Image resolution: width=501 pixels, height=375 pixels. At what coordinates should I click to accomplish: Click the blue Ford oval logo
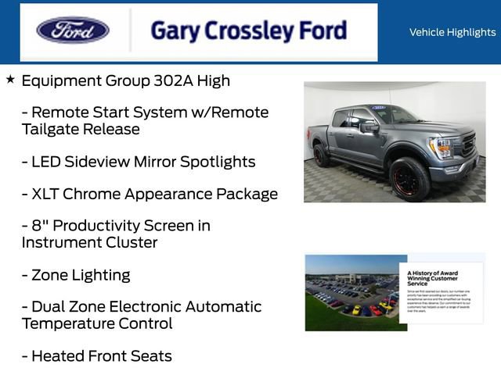(73, 30)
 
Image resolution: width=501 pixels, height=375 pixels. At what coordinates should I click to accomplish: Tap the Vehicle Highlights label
(452, 32)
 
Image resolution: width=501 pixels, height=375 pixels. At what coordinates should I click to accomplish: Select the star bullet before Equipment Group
(10, 80)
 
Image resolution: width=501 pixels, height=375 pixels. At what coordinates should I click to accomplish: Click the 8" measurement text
(40, 226)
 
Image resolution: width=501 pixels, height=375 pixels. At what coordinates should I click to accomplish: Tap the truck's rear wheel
(321, 155)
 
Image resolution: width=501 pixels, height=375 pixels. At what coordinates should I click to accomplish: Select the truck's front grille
(467, 146)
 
